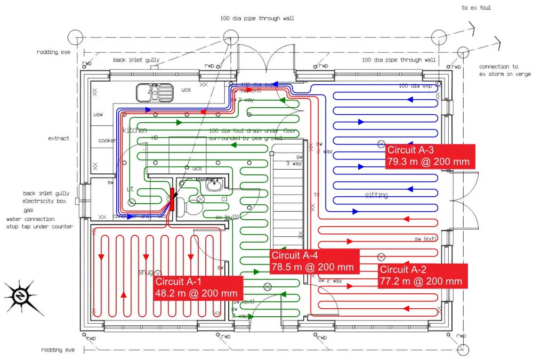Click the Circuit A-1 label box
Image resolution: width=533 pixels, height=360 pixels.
coord(198,288)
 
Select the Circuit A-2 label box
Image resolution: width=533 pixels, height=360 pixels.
coord(423,276)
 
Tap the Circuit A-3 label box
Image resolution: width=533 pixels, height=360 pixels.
coord(430,156)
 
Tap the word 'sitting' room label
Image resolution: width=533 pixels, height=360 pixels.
coord(376,195)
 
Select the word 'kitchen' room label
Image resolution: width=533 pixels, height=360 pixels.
coord(135,130)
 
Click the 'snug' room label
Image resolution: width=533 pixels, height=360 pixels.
coord(146,272)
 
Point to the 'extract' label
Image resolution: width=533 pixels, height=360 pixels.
coord(59,138)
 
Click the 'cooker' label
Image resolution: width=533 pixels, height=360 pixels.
coord(107,140)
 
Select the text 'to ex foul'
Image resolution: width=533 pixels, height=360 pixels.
coord(476,8)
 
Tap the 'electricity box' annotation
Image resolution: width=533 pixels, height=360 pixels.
coord(44,202)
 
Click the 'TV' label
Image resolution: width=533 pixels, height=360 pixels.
coord(316,195)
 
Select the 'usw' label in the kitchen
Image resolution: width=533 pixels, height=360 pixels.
coord(98,115)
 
